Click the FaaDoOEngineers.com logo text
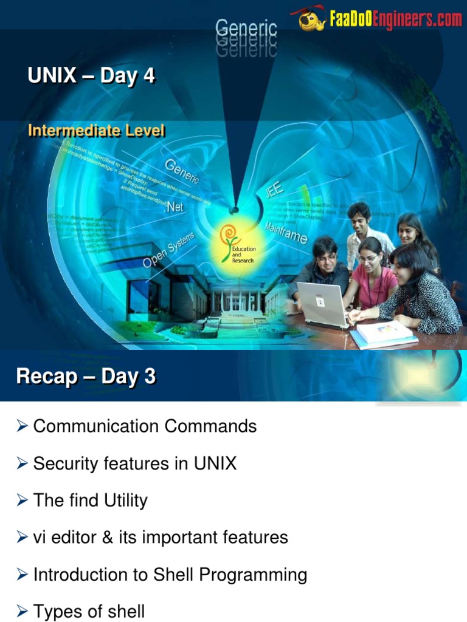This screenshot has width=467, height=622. (395, 20)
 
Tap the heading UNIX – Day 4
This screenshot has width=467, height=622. (91, 77)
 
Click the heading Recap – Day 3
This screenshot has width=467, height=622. (86, 377)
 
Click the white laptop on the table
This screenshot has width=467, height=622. (322, 304)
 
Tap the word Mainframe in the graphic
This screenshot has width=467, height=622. (286, 233)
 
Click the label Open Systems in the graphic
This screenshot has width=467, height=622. (168, 250)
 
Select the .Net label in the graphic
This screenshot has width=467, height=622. (173, 207)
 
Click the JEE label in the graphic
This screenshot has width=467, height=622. (274, 190)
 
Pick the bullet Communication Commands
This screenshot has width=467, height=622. (145, 426)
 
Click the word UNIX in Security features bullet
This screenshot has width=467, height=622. (215, 463)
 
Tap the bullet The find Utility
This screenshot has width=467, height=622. (90, 501)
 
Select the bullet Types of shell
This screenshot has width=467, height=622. (89, 611)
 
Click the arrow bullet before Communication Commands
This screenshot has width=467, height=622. (22, 427)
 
